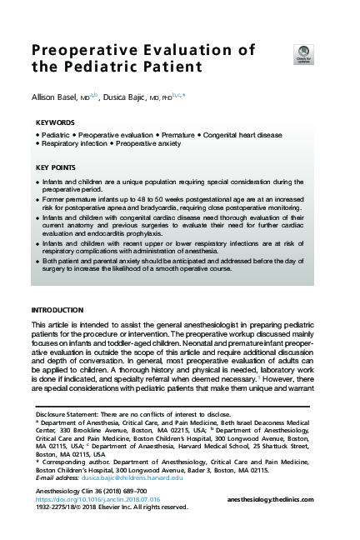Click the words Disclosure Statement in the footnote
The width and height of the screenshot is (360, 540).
[68, 413]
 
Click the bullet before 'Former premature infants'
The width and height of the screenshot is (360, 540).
[37, 200]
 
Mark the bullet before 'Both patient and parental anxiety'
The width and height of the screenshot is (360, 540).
[37, 262]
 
